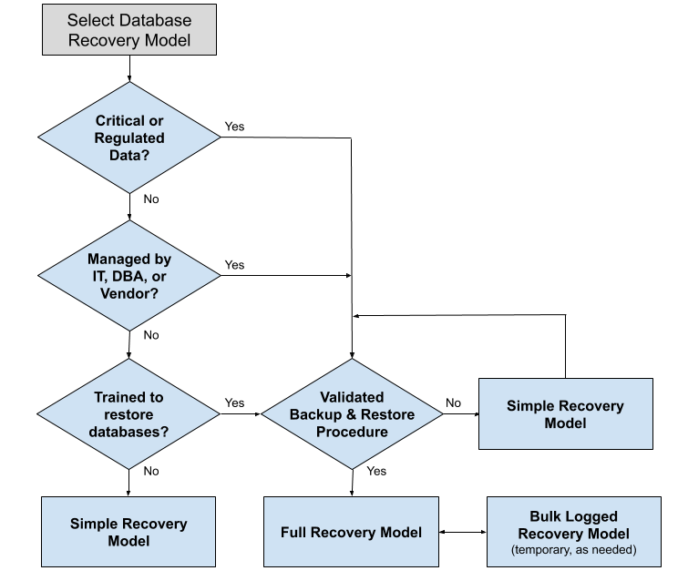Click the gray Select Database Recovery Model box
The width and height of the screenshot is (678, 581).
pos(128,30)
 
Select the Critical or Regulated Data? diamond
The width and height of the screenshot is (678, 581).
pos(129,138)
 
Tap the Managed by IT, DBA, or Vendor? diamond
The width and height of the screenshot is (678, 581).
pos(129,275)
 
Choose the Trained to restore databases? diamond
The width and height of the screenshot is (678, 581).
pos(129,413)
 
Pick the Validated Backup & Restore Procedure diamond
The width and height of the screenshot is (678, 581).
pos(352,413)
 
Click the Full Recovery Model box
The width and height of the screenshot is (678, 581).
pos(351,532)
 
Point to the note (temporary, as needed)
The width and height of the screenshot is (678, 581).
pos(573,550)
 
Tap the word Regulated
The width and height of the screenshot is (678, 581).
pos(129,138)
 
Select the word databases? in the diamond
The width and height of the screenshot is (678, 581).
pos(129,431)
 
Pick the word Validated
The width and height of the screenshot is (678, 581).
pos(352,397)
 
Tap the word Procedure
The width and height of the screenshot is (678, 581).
pos(352,431)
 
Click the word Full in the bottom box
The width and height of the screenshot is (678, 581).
pos(295,532)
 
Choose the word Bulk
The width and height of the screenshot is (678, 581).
pos(548,516)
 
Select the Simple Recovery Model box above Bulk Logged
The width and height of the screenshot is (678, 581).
pos(566,413)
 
